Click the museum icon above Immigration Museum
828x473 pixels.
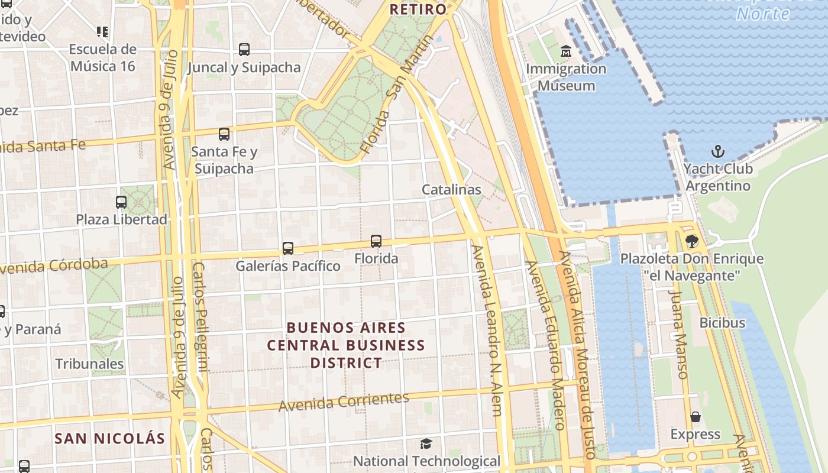566,51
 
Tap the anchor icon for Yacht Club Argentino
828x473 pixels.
717,151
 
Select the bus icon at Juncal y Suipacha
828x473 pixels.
244,50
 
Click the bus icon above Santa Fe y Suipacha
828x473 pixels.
224,134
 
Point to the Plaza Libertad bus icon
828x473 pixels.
121,202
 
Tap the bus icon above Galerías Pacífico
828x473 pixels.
288,248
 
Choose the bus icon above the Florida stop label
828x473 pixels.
376,241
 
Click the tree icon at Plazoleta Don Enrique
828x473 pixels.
691,241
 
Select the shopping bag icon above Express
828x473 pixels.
696,417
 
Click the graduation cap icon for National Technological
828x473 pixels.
426,443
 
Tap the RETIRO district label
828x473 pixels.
418,9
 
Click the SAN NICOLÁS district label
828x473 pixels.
109,439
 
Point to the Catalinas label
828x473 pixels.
451,190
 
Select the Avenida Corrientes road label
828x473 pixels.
344,402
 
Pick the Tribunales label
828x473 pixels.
90,364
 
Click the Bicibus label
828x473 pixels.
722,323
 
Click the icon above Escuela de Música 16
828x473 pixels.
102,31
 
